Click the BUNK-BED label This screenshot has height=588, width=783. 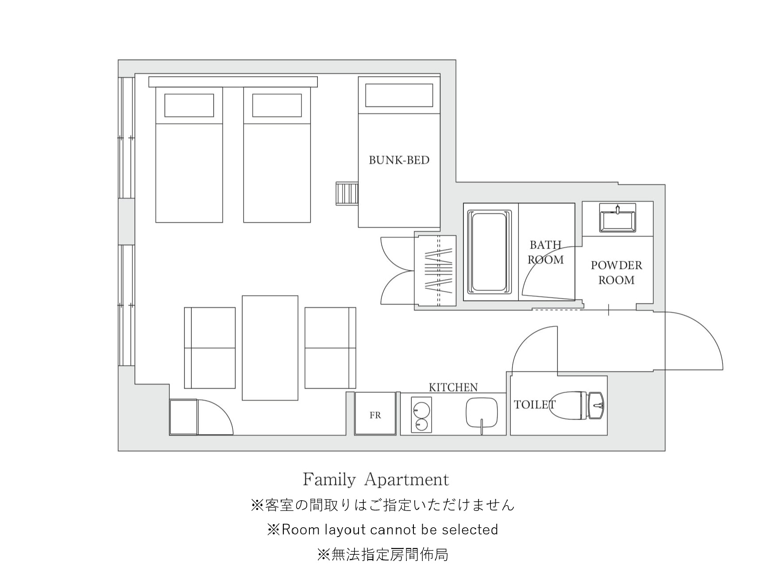tap(399, 160)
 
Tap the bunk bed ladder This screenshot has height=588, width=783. tap(347, 193)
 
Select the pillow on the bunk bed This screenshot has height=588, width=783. tap(399, 95)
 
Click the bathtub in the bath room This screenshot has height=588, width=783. tap(489, 252)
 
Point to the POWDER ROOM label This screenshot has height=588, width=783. tap(616, 273)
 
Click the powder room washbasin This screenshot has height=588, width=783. tap(617, 218)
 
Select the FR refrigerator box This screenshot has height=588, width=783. tap(375, 413)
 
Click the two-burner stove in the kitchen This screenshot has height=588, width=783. tap(420, 414)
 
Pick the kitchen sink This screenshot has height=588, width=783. tap(482, 413)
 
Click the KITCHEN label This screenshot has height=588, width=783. tap(453, 387)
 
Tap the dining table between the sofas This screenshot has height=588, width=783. tap(270, 348)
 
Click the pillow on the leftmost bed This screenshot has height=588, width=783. tap(189, 105)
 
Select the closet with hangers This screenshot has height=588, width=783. tap(435, 271)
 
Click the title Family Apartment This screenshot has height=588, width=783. tap(376, 479)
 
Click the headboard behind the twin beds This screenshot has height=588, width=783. tap(233, 82)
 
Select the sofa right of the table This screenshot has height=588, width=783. tap(330, 348)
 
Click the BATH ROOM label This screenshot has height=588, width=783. tap(546, 252)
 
